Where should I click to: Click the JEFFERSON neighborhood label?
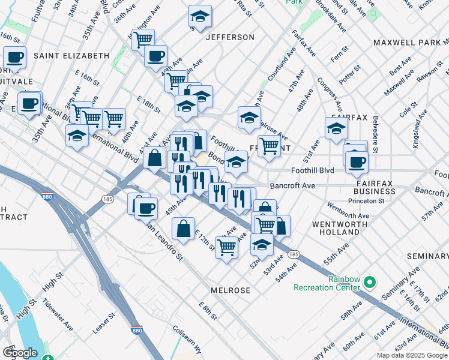click(x=231, y=37)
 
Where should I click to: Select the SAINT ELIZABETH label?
click(x=71, y=56)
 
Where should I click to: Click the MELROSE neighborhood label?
click(x=231, y=290)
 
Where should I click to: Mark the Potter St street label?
click(x=349, y=78)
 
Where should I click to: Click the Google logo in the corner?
click(x=20, y=352)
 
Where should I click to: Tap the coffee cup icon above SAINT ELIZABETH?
click(x=15, y=58)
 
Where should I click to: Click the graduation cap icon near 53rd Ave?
click(x=262, y=244)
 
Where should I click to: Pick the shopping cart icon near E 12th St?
click(x=226, y=247)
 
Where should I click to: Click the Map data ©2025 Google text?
click(x=412, y=355)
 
